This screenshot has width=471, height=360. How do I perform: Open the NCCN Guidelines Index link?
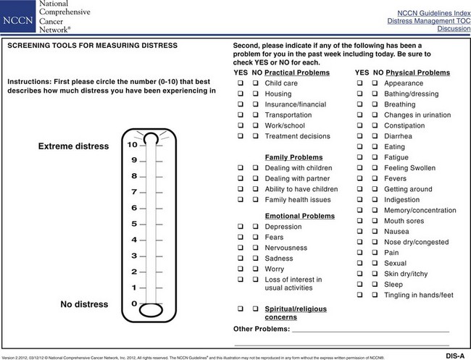(x=428, y=14)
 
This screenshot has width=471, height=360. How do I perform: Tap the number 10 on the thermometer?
(x=133, y=144)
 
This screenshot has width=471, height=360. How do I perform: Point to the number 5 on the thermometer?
(x=133, y=224)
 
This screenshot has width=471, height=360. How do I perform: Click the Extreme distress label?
(x=72, y=146)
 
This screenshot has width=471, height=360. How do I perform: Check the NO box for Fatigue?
(x=375, y=157)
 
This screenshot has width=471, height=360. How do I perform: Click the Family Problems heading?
(x=293, y=157)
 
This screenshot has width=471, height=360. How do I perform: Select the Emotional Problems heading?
(x=299, y=216)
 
